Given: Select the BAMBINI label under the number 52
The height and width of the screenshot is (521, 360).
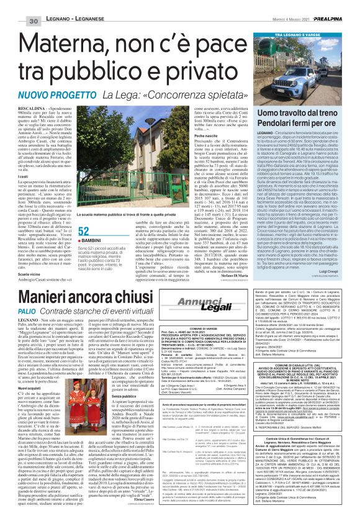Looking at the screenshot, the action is pos(93,256).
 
